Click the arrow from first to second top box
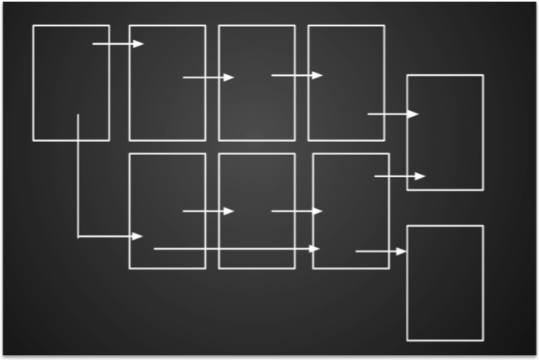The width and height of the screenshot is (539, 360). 118,44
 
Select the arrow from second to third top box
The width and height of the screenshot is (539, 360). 207,78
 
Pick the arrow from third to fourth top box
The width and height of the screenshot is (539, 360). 296,76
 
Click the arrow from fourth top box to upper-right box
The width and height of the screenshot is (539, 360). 392,114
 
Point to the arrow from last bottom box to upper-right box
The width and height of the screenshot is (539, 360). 399,176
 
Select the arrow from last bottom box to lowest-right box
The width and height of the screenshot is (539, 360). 381,251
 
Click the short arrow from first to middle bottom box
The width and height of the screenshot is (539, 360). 207,211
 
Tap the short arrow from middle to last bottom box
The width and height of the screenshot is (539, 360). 296,211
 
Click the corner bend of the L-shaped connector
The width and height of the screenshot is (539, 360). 78,237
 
